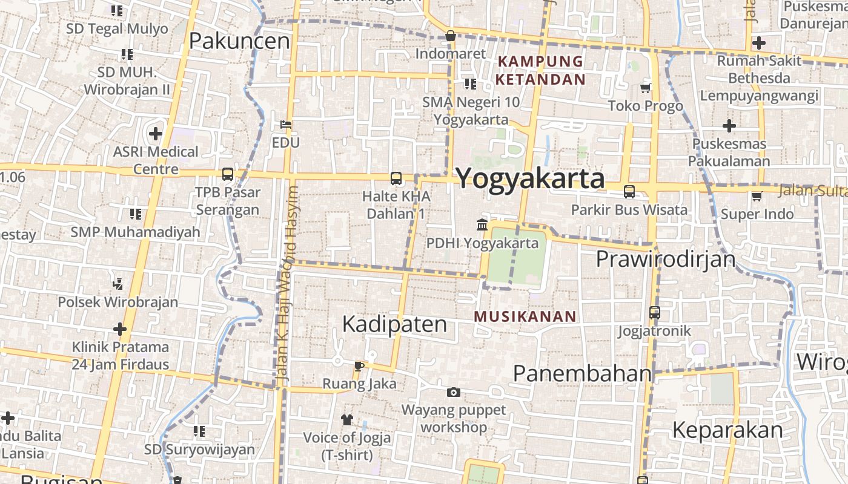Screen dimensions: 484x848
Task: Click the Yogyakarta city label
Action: click(530, 178)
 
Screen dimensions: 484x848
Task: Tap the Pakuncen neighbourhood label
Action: click(239, 41)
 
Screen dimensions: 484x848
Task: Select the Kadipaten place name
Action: click(394, 324)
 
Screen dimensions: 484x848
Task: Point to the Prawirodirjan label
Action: click(665, 259)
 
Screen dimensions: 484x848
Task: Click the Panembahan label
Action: click(581, 374)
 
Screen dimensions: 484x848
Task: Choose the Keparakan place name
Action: click(727, 430)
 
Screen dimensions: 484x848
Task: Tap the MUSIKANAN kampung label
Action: click(525, 316)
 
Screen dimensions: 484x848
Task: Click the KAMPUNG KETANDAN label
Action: click(540, 70)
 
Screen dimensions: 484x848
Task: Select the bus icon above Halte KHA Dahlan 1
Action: click(396, 178)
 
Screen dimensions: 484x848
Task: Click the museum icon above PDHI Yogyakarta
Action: click(482, 225)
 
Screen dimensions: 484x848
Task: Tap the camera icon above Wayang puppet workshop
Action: click(453, 393)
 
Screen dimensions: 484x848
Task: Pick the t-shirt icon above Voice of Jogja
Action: click(346, 419)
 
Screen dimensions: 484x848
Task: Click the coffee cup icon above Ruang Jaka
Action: click(359, 365)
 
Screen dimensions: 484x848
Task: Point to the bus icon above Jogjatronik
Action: click(654, 313)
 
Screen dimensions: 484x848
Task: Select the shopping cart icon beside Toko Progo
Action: click(646, 88)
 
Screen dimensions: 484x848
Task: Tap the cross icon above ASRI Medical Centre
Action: click(156, 133)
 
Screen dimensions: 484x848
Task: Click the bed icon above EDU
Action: click(286, 125)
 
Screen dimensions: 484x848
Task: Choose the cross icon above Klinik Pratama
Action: click(120, 329)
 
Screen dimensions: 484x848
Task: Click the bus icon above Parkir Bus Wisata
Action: click(629, 192)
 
